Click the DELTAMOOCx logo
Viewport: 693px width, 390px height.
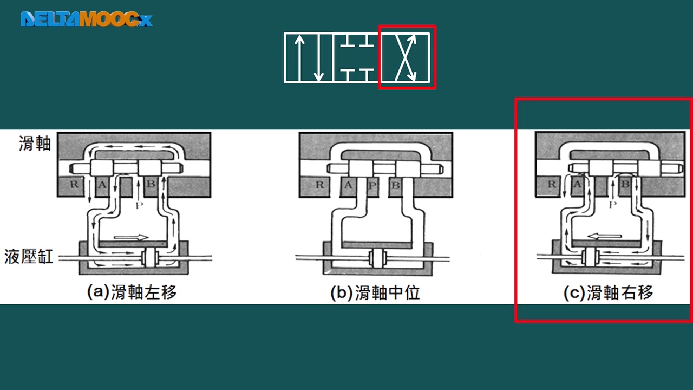pos(86,19)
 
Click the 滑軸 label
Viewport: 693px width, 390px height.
pos(35,144)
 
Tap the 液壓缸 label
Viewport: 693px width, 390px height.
pos(29,256)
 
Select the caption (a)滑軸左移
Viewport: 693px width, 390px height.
pos(132,293)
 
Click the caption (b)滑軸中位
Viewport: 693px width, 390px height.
pos(375,293)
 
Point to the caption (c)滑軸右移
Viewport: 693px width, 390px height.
pos(608,293)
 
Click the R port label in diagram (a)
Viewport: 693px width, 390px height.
pos(74,185)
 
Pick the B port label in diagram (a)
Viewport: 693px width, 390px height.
pos(151,185)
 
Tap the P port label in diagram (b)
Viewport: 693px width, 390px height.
pos(371,185)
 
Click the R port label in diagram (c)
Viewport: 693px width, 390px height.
pos(552,185)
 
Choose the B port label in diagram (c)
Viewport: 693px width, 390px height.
pos(625,185)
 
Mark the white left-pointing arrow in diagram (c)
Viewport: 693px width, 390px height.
pos(605,236)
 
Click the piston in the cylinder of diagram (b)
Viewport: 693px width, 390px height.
pos(377,259)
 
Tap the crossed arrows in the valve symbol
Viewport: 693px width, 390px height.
pos(406,57)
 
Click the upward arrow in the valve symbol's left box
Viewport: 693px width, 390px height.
pos(298,57)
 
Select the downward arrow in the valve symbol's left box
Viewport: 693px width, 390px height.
pos(319,57)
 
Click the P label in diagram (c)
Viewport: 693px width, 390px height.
pos(612,205)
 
